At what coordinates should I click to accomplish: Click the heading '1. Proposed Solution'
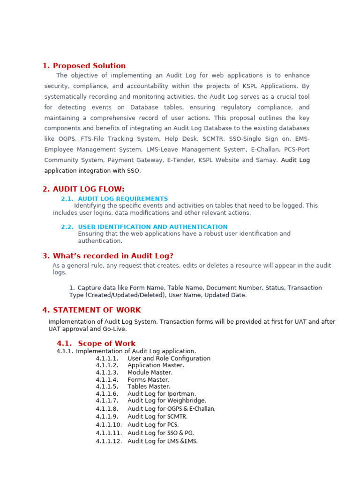click(x=84, y=66)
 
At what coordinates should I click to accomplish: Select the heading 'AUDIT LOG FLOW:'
click(x=89, y=189)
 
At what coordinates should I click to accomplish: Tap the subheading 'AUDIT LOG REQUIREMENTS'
click(x=123, y=199)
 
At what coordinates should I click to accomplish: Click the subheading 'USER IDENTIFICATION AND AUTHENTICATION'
click(x=152, y=227)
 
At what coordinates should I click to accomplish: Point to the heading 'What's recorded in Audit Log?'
click(x=113, y=256)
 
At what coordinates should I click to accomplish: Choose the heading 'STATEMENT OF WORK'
click(x=97, y=310)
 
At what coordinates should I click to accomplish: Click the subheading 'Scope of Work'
click(x=106, y=343)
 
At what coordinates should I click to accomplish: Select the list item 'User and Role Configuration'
click(x=169, y=358)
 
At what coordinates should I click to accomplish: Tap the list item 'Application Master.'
click(x=156, y=365)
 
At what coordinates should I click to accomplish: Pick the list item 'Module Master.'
click(x=150, y=372)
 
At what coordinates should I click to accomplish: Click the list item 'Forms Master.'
click(x=148, y=380)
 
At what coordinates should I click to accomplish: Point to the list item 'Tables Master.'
click(x=149, y=387)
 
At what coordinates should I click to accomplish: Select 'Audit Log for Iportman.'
click(x=162, y=394)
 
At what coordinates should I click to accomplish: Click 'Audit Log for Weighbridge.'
click(x=167, y=401)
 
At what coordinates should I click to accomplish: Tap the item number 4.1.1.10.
click(x=109, y=425)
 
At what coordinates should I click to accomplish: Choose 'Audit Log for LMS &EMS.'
click(x=163, y=441)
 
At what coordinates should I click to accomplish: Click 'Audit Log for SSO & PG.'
click(x=160, y=433)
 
